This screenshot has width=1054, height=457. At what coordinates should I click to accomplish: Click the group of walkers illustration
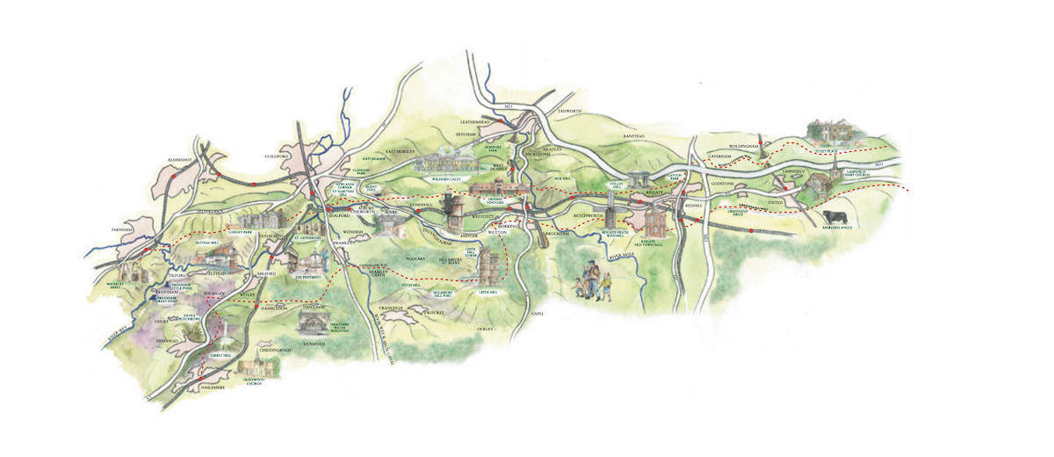pos(592,281)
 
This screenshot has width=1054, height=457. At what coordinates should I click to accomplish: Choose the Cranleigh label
pos(389,308)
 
